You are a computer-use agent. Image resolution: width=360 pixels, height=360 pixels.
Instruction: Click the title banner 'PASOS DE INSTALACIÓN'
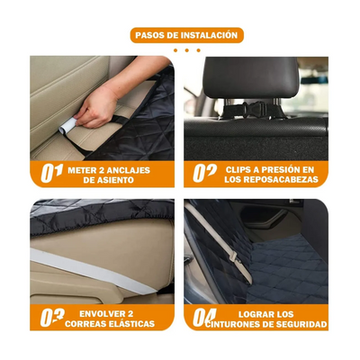pyautogui.click(x=186, y=35)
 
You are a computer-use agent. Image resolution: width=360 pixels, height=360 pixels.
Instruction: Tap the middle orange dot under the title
pyautogui.click(x=187, y=50)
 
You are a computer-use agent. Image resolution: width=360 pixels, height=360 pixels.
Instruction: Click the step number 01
pyautogui.click(x=51, y=174)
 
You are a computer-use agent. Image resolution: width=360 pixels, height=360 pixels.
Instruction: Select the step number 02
pyautogui.click(x=204, y=174)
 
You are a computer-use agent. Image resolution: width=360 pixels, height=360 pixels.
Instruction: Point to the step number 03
pyautogui.click(x=52, y=318)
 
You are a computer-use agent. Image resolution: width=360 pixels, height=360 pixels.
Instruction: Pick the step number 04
pyautogui.click(x=204, y=318)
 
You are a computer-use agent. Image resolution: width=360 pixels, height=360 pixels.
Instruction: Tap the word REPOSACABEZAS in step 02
pyautogui.click(x=280, y=180)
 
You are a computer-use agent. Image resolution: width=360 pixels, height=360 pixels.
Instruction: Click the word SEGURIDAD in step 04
pyautogui.click(x=302, y=324)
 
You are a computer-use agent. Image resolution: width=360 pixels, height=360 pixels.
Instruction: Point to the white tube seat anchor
pyautogui.click(x=67, y=126)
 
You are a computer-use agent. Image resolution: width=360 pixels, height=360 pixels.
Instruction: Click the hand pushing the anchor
pyautogui.click(x=96, y=105)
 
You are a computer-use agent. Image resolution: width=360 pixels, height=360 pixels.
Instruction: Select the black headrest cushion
pyautogui.click(x=251, y=77)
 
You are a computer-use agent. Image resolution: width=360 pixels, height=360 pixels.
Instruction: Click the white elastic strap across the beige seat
pyautogui.click(x=93, y=271)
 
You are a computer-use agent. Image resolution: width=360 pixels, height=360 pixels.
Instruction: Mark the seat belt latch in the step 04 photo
pyautogui.click(x=233, y=256)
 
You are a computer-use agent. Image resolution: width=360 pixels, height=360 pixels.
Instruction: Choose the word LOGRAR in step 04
pyautogui.click(x=253, y=314)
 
